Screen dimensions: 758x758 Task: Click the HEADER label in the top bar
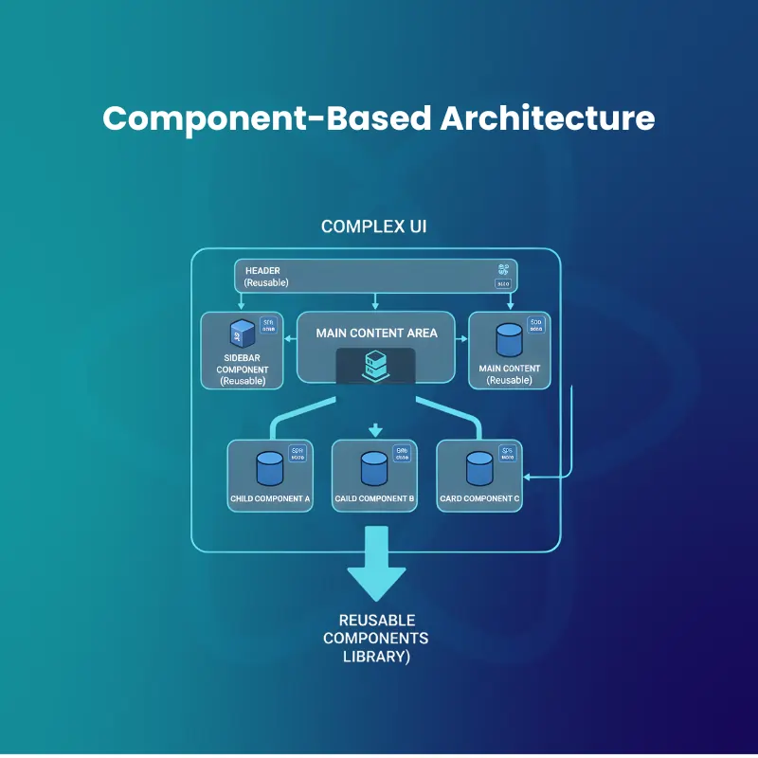(262, 270)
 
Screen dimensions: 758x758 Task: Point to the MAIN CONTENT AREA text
(376, 333)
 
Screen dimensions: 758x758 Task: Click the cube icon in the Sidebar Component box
(242, 334)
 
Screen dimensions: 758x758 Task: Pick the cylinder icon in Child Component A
(270, 467)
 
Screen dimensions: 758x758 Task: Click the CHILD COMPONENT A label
(270, 498)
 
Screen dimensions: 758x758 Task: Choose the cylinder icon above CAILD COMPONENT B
(374, 467)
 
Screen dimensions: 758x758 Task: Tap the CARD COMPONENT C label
(479, 498)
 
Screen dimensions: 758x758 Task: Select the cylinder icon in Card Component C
(479, 467)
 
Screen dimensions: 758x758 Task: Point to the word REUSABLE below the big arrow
(376, 621)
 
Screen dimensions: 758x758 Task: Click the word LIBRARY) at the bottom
(376, 656)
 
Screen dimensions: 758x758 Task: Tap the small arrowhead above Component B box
(374, 429)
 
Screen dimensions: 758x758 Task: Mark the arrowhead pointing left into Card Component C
(530, 478)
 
